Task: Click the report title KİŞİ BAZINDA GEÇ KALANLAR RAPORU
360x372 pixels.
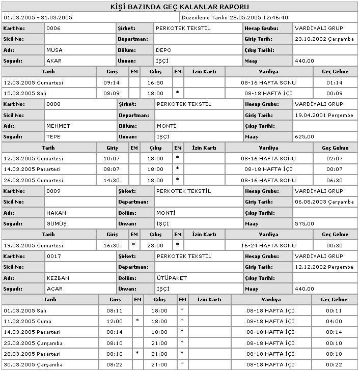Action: tap(180, 8)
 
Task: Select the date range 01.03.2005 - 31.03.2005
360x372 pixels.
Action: tap(38, 17)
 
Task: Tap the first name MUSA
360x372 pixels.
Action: tap(54, 50)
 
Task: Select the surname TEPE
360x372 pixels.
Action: tap(53, 137)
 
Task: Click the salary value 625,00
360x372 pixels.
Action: tap(304, 137)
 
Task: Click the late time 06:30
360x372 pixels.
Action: tap(334, 180)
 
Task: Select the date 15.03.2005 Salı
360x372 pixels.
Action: tap(25, 94)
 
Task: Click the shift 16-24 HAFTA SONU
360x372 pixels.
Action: tap(268, 245)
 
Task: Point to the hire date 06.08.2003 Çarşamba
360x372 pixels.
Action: tap(324, 202)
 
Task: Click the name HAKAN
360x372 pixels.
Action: tap(56, 213)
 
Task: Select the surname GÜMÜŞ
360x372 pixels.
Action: tap(56, 223)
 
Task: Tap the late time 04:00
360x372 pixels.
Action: tap(334, 322)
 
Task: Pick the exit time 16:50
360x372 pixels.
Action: tap(155, 82)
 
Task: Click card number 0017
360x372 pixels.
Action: tap(53, 256)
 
